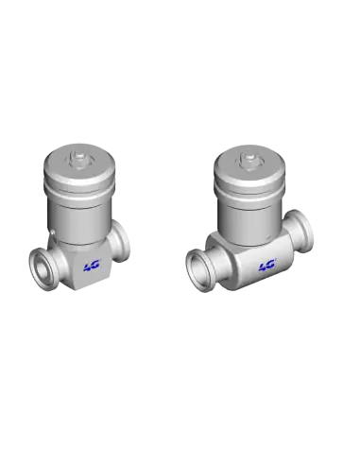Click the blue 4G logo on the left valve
pos(92,266)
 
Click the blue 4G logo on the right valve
pos(267,266)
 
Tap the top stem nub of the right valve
pos(249,157)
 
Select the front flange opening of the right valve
pos(199,268)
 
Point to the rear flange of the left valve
pos(121,242)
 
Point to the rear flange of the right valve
pos(301,231)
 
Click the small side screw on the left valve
pos(53,232)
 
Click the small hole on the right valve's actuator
pos(268,236)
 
